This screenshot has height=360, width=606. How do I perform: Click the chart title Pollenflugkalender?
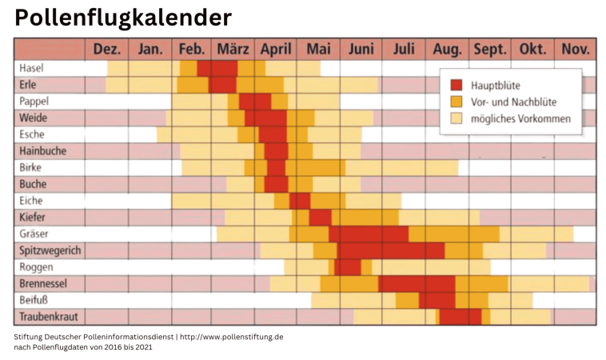click(x=123, y=18)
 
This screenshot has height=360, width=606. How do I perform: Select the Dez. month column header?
click(x=107, y=50)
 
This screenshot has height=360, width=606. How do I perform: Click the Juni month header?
click(x=361, y=50)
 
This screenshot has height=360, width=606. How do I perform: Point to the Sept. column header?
click(x=490, y=50)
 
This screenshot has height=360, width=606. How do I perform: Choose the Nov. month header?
click(x=575, y=50)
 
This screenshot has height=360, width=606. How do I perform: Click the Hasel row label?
click(x=32, y=68)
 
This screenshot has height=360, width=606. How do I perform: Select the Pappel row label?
click(x=35, y=102)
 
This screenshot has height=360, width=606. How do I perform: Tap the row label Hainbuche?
click(x=42, y=151)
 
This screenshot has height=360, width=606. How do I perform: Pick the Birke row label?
click(x=31, y=168)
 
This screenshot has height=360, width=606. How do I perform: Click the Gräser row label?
click(x=34, y=234)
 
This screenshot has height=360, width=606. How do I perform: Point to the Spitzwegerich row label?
click(x=50, y=250)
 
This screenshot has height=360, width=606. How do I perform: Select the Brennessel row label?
click(x=42, y=284)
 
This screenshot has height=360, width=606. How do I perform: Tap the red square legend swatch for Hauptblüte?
click(x=456, y=85)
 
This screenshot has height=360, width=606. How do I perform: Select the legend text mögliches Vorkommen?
click(x=521, y=118)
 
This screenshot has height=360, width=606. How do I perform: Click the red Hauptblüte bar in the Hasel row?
click(x=217, y=69)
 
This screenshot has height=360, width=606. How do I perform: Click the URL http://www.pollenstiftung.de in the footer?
click(x=231, y=337)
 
